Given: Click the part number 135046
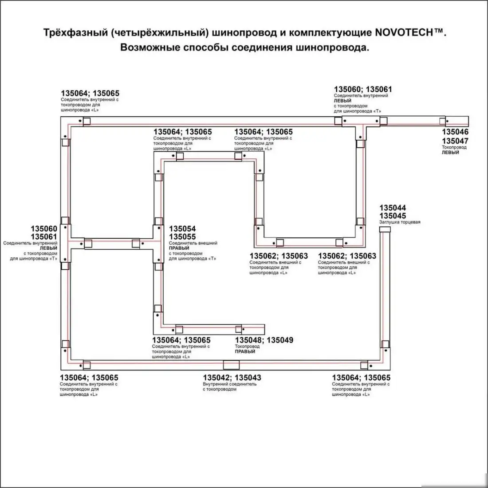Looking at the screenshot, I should coord(455,132).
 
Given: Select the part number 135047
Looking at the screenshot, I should coord(455,141).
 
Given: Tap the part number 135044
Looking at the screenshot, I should coord(392,208).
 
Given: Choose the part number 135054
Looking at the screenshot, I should coord(182,229).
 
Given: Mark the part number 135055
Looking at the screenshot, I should coord(182,237).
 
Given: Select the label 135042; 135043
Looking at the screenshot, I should coord(232,378).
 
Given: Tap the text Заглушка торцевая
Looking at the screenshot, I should coord(399,222).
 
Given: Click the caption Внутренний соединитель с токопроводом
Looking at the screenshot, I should coord(229,386).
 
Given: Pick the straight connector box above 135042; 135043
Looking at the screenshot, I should coord(231,365).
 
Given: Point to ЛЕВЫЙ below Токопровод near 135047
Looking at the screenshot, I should coord(450,153).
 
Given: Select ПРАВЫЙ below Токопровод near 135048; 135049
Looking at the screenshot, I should coord(245,351).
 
